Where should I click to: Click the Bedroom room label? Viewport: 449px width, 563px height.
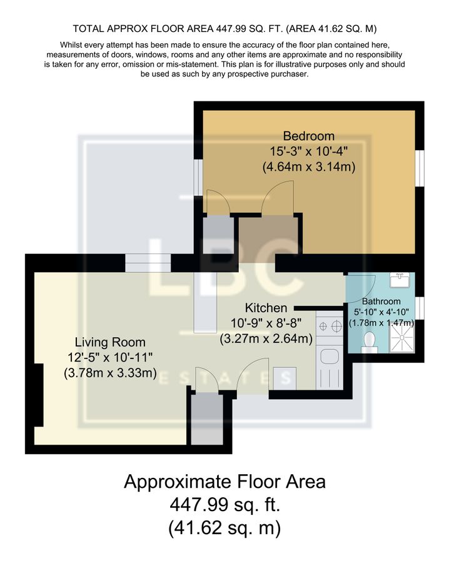[308, 136]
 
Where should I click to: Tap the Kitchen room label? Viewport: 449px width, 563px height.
[266, 308]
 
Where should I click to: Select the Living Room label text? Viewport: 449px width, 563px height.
[110, 342]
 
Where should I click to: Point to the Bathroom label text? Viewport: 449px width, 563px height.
[381, 302]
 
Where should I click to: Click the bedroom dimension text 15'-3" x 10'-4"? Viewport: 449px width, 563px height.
[308, 151]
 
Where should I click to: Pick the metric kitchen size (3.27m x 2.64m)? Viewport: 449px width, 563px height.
[266, 340]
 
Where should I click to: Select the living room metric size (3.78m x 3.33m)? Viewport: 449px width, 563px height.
[110, 373]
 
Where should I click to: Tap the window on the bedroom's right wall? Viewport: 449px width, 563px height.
[421, 168]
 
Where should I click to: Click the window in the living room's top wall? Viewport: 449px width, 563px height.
[148, 263]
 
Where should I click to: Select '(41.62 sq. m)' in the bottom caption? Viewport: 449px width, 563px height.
[224, 528]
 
